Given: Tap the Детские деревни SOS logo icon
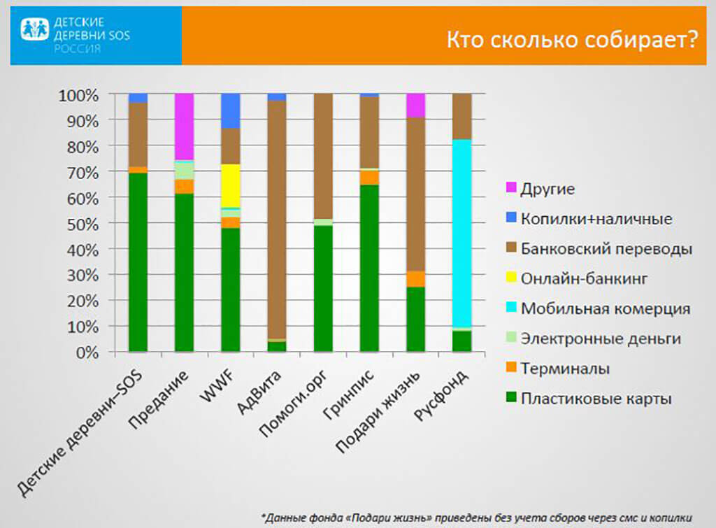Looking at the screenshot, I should [34, 29].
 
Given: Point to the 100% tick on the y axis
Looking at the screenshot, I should [79, 94].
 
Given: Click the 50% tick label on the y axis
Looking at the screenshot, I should [83, 224].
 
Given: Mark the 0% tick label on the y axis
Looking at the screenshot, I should [87, 352].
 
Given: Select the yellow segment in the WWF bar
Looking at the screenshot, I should [230, 185].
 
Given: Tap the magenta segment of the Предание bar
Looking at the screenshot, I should [184, 127].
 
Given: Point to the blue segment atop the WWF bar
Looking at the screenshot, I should [230, 110].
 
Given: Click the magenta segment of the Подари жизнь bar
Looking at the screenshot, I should [415, 105].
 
